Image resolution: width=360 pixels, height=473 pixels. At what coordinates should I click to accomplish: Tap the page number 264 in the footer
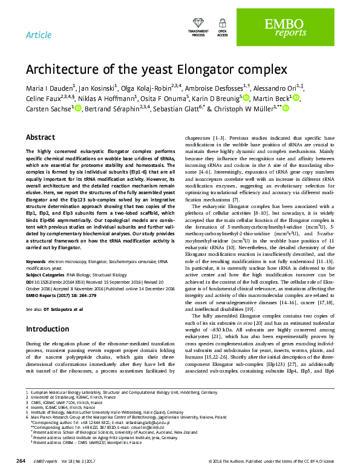pyautogui.click(x=21, y=461)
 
